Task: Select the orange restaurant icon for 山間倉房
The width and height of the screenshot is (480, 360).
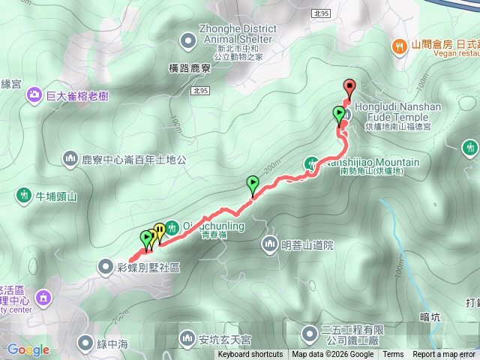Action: coord(398,45)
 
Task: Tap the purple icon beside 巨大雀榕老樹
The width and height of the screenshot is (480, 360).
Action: coord(34,94)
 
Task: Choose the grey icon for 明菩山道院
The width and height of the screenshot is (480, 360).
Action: coord(270,244)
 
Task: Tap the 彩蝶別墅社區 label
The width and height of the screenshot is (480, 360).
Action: coord(148,266)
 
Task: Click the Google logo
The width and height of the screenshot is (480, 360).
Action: coord(28,349)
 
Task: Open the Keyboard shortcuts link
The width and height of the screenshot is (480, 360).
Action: coord(250,355)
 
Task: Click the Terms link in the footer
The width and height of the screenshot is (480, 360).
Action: coord(393,355)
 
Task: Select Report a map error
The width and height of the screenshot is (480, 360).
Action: coord(444,355)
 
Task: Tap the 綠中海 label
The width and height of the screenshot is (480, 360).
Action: coord(113,343)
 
